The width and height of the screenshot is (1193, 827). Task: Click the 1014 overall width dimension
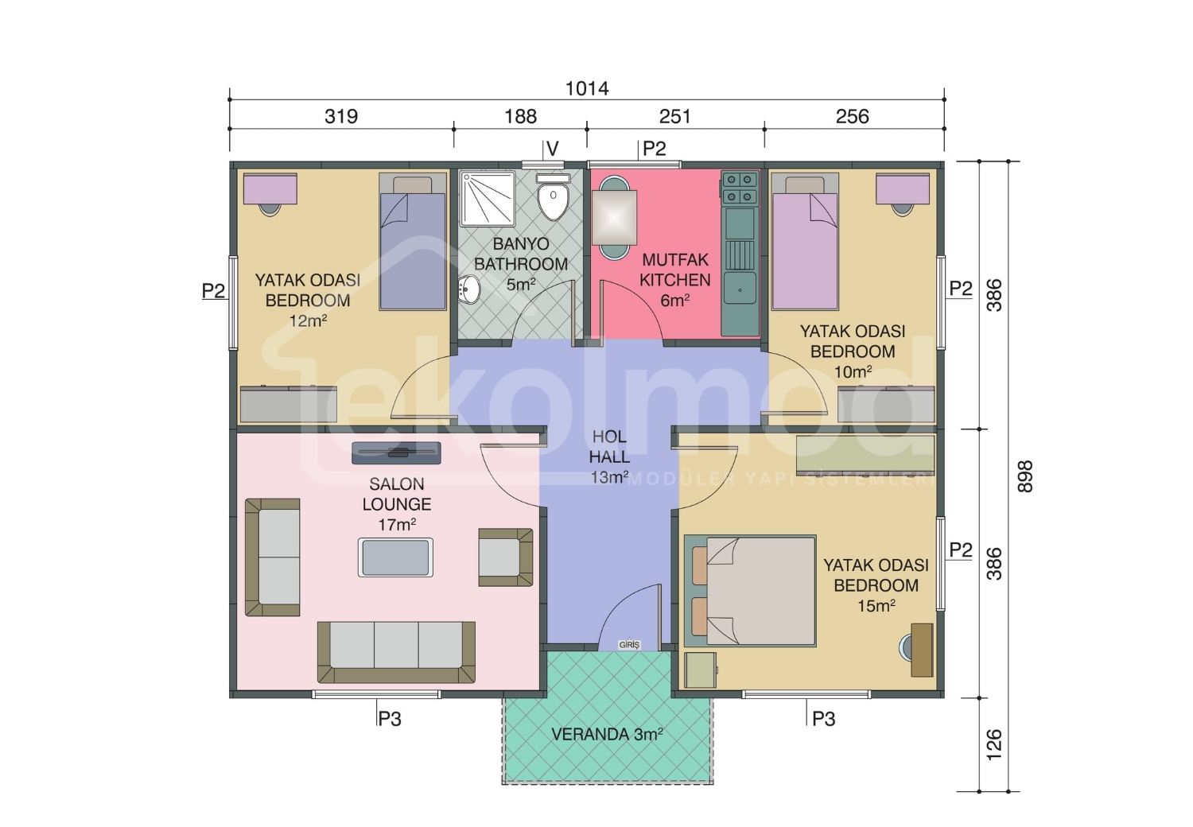[x=586, y=88]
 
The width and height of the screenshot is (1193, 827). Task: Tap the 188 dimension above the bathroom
[x=520, y=117]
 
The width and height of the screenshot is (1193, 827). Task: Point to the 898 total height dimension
[x=1024, y=476]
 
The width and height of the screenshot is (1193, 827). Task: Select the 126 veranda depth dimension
[x=994, y=744]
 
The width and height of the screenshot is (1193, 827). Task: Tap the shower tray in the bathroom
[x=488, y=198]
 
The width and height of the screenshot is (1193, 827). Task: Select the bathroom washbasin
[x=469, y=289]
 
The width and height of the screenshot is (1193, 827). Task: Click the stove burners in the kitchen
[x=740, y=188]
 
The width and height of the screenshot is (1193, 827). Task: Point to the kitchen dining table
[x=614, y=217]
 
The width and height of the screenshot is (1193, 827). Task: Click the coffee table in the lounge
[x=395, y=557]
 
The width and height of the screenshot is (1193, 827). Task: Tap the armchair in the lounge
[x=505, y=557]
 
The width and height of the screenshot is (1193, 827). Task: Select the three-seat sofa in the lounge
[x=396, y=652]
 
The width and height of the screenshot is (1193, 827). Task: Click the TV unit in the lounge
[x=396, y=452]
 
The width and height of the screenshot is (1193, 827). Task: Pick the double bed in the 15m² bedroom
[x=750, y=591]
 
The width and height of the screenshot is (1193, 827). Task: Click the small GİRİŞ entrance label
[x=629, y=645]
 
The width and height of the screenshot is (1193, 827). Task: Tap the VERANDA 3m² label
[x=607, y=735]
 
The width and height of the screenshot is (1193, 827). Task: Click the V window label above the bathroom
[x=553, y=149]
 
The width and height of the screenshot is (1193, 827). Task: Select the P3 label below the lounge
[x=390, y=719]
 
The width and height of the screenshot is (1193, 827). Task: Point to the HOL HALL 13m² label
[x=609, y=457]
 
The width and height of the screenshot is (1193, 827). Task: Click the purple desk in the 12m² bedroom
[x=270, y=189]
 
